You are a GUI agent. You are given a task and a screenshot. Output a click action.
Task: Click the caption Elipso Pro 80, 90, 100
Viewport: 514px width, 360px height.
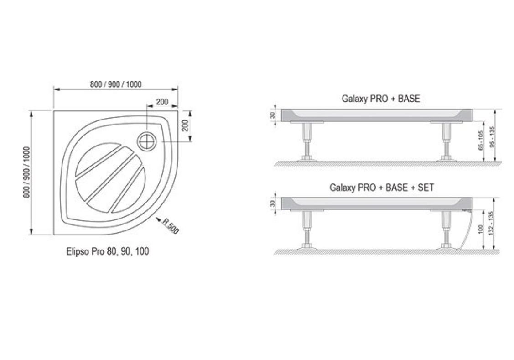coord(108,252)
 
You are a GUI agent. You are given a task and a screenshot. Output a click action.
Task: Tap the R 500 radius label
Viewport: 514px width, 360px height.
coord(171,226)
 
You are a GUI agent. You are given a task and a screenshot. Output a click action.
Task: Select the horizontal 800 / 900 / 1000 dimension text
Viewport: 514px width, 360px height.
coord(116,84)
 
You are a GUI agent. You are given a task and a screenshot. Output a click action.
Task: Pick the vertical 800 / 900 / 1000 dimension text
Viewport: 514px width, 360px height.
coord(27,172)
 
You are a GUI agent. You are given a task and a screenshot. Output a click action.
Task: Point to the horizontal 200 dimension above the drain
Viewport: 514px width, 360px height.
coord(162,102)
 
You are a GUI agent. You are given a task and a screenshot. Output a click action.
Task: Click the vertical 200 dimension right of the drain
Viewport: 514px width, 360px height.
coord(185,125)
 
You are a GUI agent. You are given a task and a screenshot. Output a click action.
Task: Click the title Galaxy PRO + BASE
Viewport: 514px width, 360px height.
coord(380,99)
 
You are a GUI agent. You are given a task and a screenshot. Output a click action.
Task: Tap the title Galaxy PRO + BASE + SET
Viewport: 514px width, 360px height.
coord(382,188)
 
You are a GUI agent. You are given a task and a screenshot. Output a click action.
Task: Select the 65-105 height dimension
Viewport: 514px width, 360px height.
coord(481,141)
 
